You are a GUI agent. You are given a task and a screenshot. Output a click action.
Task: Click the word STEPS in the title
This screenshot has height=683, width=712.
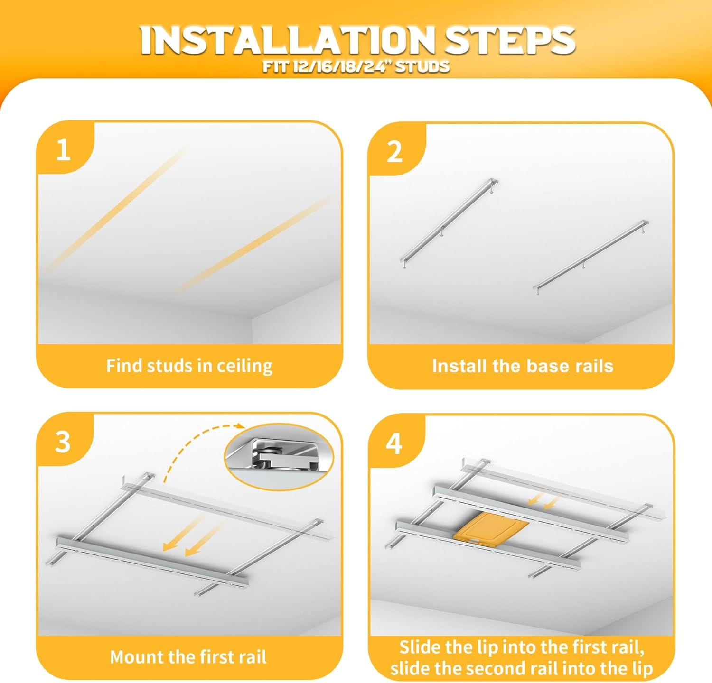pos(510,40)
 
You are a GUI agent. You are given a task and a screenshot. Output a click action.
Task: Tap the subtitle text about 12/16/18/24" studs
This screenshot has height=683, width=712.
pos(356,66)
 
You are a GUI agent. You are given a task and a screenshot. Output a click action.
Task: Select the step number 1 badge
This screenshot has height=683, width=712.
pos(63,150)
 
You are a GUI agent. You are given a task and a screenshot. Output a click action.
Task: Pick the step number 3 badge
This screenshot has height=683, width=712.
pos(63,442)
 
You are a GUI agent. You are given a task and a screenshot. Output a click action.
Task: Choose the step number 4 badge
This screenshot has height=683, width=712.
pos(394,443)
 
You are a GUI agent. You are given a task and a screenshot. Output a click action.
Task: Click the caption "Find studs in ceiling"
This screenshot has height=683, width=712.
pos(189,366)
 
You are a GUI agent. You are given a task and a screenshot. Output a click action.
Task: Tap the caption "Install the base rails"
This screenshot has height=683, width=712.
pos(523,366)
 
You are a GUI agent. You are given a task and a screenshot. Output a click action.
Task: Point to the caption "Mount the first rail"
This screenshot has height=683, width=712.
pos(188,657)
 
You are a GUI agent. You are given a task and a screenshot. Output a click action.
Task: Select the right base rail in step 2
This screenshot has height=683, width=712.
pos(590,258)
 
